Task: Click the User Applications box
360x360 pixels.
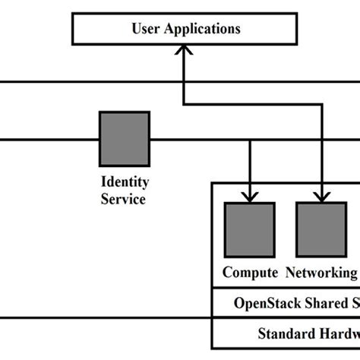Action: [x=185, y=30]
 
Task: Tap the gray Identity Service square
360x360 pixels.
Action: [x=125, y=138]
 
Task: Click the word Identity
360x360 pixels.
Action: [x=125, y=182]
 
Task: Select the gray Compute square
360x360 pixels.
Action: [x=249, y=229]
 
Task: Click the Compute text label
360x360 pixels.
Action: [x=250, y=272]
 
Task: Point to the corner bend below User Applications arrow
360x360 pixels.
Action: [x=185, y=104]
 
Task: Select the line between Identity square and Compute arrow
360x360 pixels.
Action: [x=197, y=139]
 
